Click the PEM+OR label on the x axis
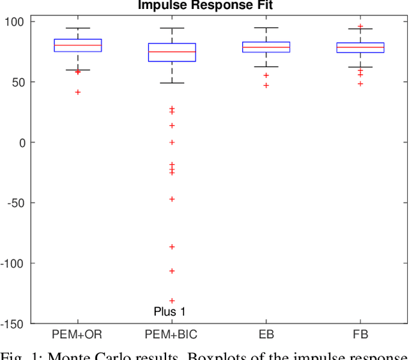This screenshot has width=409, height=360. [x=77, y=334]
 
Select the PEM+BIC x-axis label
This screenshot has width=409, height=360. [x=172, y=334]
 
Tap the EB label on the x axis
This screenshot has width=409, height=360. [x=266, y=334]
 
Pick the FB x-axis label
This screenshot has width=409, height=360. [x=360, y=334]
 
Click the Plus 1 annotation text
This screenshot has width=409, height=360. [x=169, y=312]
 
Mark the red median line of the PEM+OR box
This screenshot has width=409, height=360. [x=77, y=45]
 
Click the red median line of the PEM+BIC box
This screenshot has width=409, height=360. [x=172, y=52]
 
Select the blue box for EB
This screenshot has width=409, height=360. [x=266, y=47]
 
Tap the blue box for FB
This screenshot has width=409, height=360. [x=360, y=47]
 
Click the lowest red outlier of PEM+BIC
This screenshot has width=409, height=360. [x=172, y=301]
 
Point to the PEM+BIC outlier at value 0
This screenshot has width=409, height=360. [x=172, y=143]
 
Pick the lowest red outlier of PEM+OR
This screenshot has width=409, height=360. [x=77, y=92]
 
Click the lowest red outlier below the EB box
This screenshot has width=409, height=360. [x=266, y=85]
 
